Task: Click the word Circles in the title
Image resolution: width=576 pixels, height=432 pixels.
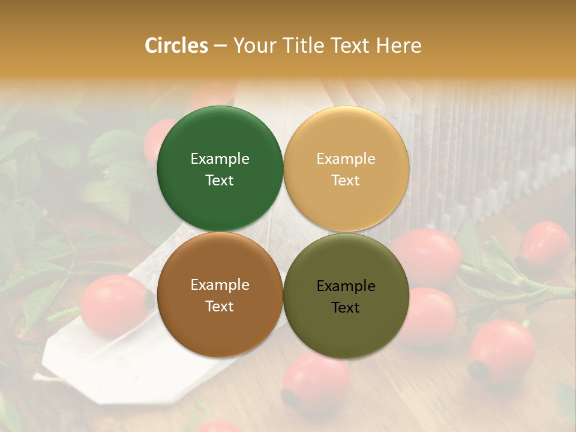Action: (176, 46)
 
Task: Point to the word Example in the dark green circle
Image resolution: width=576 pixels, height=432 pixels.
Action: (220, 159)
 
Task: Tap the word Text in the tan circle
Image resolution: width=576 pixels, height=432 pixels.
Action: (346, 181)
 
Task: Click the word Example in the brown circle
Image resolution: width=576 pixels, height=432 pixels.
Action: (220, 285)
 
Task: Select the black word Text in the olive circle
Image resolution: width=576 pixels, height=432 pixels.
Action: (346, 308)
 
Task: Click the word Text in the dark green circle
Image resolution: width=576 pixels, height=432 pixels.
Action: (220, 181)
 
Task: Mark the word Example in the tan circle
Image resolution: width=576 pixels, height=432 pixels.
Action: (346, 159)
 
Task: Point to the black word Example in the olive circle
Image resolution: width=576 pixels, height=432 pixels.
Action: (346, 286)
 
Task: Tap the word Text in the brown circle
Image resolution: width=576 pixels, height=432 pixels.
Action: (220, 307)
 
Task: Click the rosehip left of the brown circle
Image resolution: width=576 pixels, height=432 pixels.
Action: (114, 305)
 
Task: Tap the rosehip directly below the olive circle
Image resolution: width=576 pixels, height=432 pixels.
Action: (316, 381)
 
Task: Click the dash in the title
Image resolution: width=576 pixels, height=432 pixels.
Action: (220, 46)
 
